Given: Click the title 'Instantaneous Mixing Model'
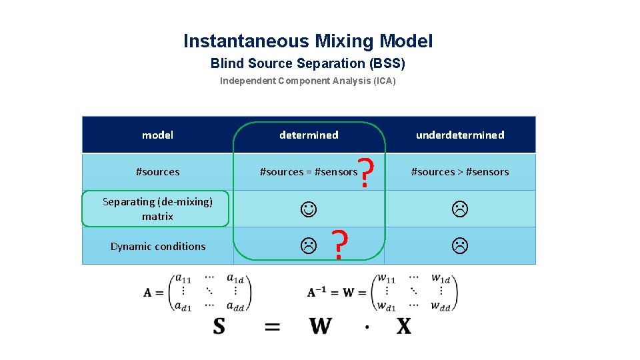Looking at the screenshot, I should (x=308, y=41).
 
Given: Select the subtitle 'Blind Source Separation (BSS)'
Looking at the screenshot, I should (x=308, y=64).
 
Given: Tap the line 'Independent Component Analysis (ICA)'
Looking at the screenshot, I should (x=308, y=81).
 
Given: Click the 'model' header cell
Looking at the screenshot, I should (x=157, y=135).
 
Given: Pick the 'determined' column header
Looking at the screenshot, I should (x=309, y=135).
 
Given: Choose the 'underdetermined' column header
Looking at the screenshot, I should (x=460, y=135).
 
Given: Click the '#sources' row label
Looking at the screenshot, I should (x=157, y=172).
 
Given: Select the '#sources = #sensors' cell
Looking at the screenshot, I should (x=309, y=172).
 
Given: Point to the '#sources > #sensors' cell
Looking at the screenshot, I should (x=460, y=172).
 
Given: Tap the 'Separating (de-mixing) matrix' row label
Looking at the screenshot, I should (x=157, y=209).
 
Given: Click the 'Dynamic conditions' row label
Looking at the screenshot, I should (x=157, y=247).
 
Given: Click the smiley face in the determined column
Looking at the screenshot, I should (x=309, y=209).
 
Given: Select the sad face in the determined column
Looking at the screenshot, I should (x=308, y=246).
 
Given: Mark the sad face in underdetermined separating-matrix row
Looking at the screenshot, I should (x=460, y=209).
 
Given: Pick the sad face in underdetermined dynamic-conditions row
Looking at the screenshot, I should (x=460, y=246).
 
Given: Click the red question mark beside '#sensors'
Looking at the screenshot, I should (x=365, y=172).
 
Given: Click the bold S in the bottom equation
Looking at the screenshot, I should (x=219, y=326).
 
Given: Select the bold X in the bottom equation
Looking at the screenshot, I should (x=403, y=326).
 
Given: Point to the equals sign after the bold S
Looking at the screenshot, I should (x=272, y=327).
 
